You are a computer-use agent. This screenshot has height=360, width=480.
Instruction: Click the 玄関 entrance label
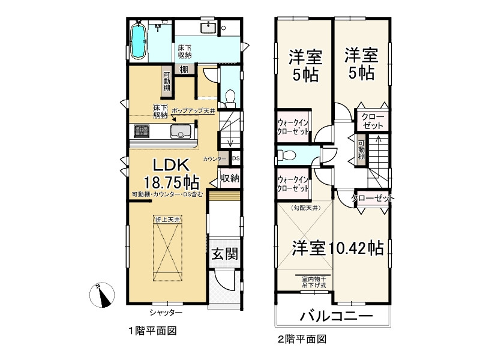tap(223, 254)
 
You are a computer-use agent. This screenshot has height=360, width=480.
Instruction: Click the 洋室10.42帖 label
tap(338, 248)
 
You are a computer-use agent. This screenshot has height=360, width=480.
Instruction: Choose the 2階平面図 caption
tap(301, 339)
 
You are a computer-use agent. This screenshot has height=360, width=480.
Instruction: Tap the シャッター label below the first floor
tap(167, 313)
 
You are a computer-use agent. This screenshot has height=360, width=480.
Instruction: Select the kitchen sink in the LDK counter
tap(180, 132)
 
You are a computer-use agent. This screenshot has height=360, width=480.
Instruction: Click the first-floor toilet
tap(228, 95)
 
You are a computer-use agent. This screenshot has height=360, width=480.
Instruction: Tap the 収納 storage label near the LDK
tap(230, 179)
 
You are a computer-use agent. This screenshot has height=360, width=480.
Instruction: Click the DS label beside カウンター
tap(236, 159)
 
